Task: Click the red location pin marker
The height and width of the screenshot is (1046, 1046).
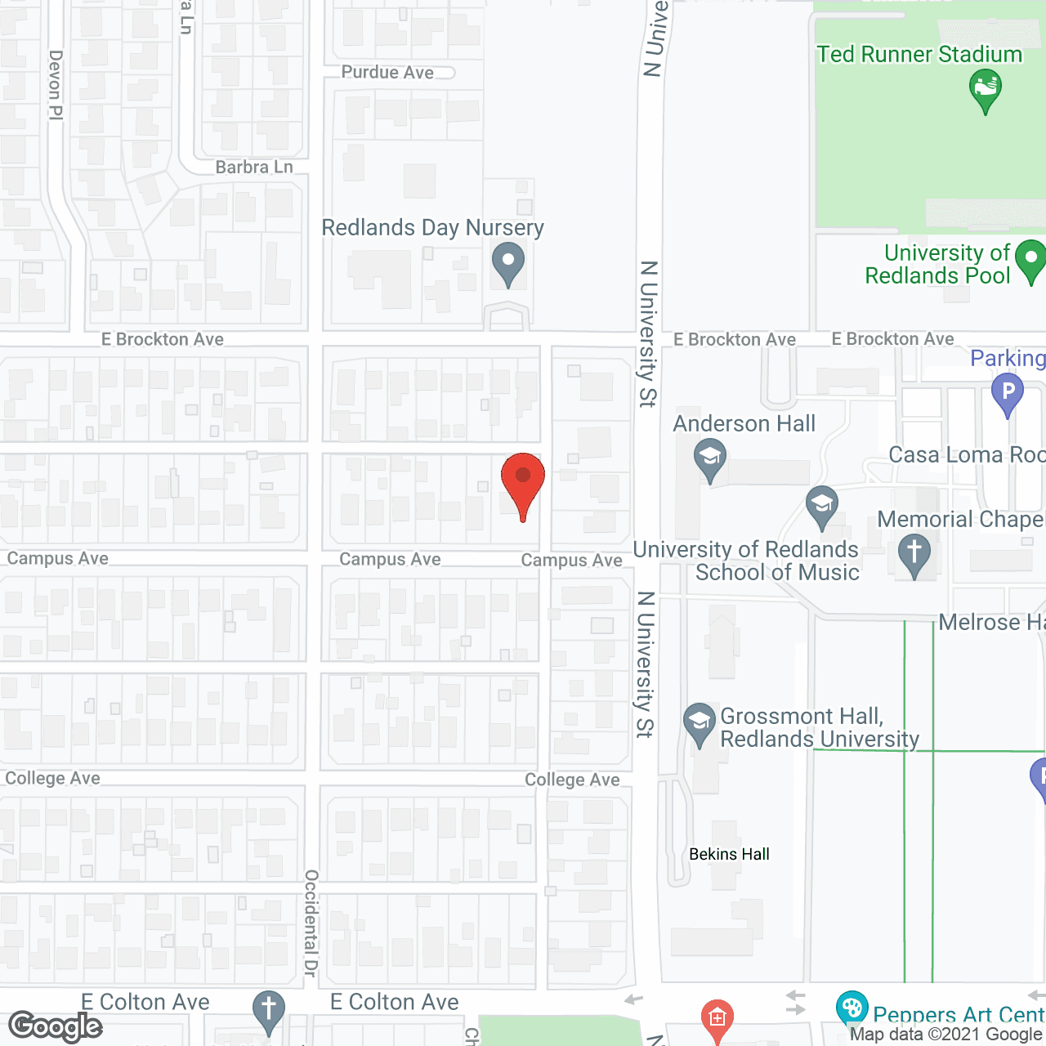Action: (522, 482)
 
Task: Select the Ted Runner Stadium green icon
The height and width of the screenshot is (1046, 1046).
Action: (986, 88)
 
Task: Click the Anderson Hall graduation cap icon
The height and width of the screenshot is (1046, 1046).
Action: (709, 458)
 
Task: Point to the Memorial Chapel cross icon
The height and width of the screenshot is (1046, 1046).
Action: (914, 553)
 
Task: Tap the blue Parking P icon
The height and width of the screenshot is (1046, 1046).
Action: (1008, 392)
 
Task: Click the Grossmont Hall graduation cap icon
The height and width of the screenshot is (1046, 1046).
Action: (699, 722)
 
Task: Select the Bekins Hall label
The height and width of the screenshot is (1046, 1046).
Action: (729, 854)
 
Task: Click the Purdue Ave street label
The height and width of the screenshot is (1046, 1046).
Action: (387, 72)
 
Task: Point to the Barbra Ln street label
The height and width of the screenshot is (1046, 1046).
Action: (254, 167)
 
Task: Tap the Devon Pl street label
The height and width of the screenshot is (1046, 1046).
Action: (56, 85)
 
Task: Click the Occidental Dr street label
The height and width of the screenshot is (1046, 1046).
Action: (311, 923)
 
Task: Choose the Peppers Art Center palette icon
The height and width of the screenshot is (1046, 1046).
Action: (852, 1008)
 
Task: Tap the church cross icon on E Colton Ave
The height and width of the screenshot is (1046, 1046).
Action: (268, 1010)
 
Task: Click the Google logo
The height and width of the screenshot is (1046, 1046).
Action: (56, 1026)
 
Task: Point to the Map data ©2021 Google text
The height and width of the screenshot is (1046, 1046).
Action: (946, 1035)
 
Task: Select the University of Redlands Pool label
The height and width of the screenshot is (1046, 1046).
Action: (938, 264)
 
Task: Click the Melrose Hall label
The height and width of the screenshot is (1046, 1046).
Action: (991, 623)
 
